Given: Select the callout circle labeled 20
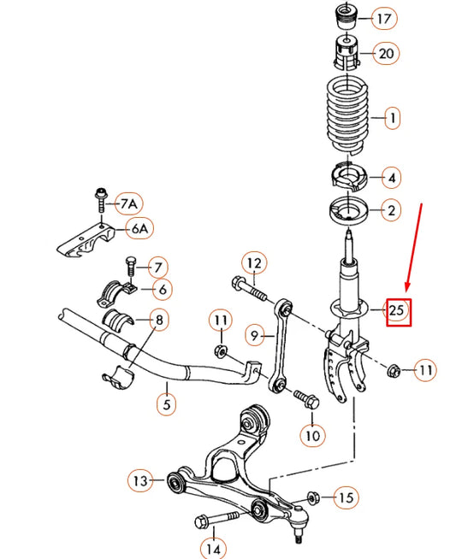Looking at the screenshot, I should coord(387,54).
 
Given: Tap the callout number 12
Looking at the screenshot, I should coord(254,262).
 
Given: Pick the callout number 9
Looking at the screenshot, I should coord(253,336).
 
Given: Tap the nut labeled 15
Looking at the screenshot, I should coord(312,497).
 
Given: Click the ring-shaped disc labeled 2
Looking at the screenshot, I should coord(346,209).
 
